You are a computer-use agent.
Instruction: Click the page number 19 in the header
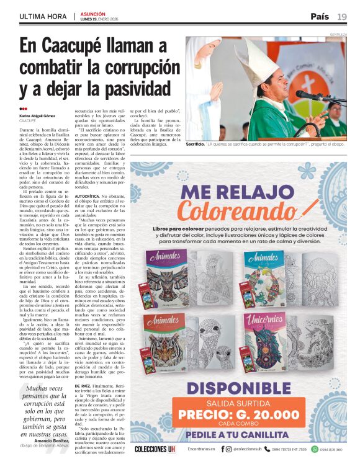pos(342,16)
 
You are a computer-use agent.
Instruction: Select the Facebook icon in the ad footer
pos(222,449)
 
